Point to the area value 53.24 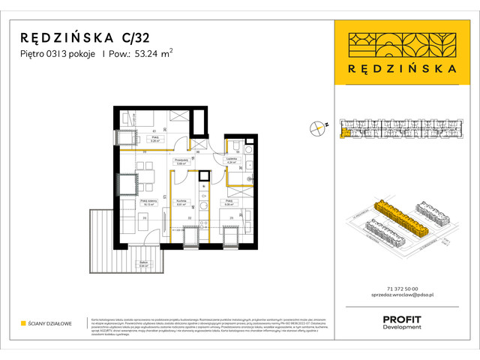point(145,53)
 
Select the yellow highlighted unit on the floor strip point(344,134)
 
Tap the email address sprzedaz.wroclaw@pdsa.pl point(401,297)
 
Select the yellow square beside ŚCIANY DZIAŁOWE point(24,324)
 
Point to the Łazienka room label point(232,159)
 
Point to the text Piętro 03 point(39,53)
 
